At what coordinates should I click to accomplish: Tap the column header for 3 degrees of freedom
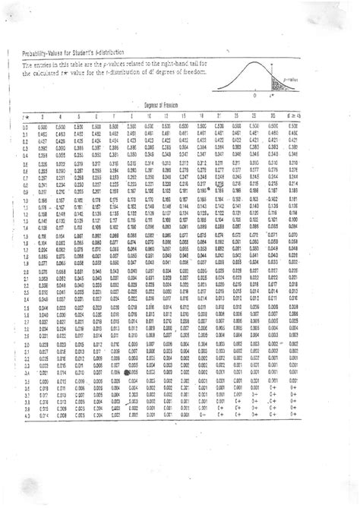(x=43, y=117)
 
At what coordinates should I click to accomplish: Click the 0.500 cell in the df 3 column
(x=43, y=127)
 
